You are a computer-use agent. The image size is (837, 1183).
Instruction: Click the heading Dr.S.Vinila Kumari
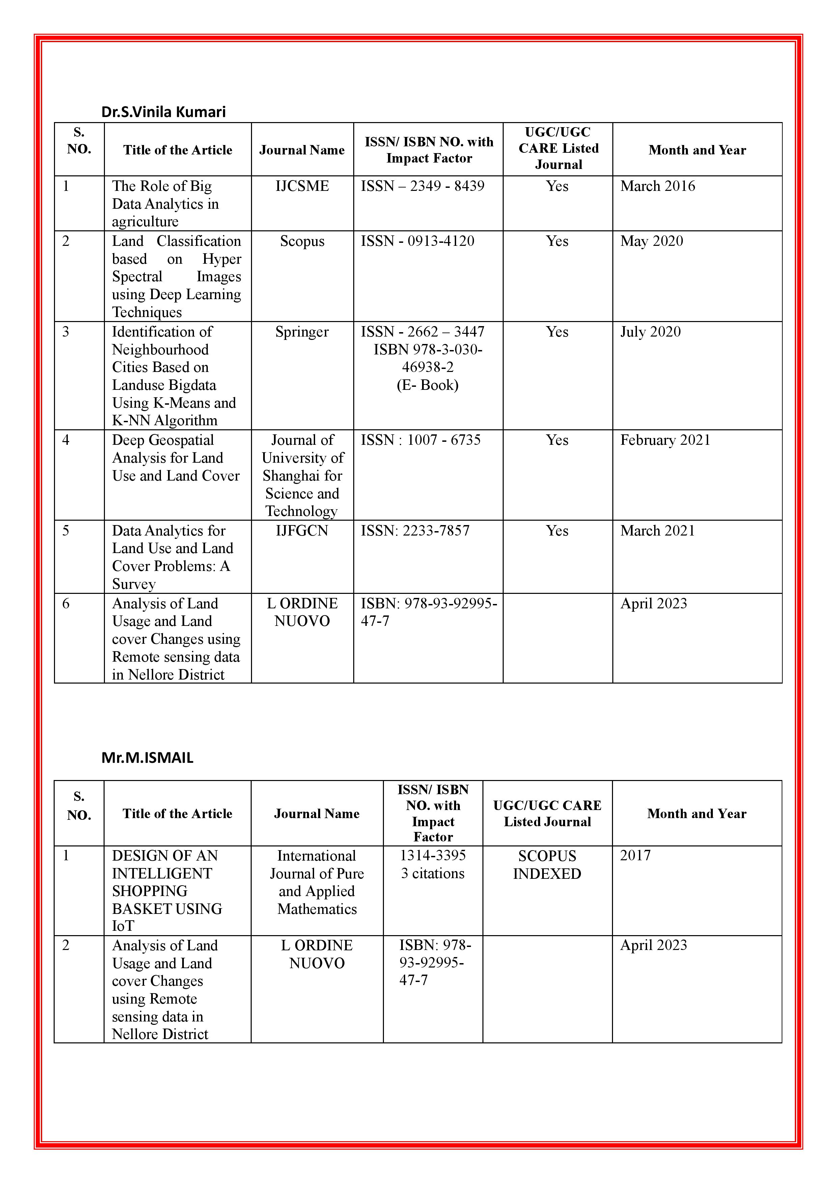[163, 112]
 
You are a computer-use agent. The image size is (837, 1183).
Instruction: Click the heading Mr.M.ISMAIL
[147, 758]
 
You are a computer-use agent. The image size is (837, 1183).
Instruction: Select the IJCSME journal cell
[302, 186]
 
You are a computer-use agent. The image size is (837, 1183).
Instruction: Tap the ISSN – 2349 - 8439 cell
[423, 186]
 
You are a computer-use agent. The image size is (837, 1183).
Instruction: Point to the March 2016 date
[658, 186]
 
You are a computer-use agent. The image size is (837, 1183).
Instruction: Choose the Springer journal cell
[302, 332]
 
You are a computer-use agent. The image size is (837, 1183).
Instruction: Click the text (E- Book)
[428, 385]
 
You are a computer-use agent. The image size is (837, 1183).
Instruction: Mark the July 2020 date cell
[650, 332]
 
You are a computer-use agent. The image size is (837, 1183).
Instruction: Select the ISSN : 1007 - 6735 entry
[421, 440]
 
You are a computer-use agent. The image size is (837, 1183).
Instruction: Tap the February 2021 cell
[665, 440]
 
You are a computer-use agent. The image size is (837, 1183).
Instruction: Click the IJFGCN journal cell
[302, 531]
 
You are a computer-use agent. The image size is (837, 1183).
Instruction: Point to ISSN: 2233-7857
[415, 531]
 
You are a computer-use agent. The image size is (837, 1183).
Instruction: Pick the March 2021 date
[658, 531]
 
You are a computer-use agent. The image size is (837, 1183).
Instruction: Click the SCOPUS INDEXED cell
[547, 865]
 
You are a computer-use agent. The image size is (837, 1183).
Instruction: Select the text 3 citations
[433, 873]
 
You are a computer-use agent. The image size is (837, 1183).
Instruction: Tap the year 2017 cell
[636, 856]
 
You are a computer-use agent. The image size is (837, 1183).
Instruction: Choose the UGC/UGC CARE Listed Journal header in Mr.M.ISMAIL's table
[547, 814]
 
